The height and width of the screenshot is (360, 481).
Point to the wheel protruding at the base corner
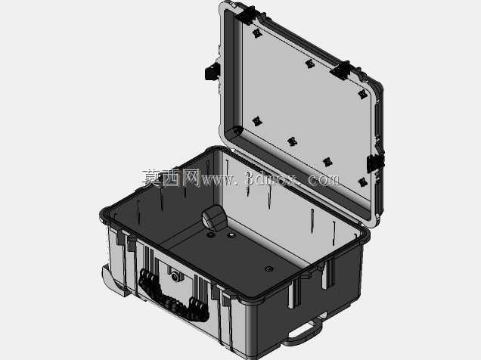pos(113,280)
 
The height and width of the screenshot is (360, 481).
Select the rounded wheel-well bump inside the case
pos(214,218)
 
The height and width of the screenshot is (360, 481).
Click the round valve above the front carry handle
pos(175,277)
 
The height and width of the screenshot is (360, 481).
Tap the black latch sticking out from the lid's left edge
pos(213,72)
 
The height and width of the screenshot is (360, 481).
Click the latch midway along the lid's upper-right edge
pos(341,70)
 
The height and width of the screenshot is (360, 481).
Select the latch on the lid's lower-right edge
pos(375,163)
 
